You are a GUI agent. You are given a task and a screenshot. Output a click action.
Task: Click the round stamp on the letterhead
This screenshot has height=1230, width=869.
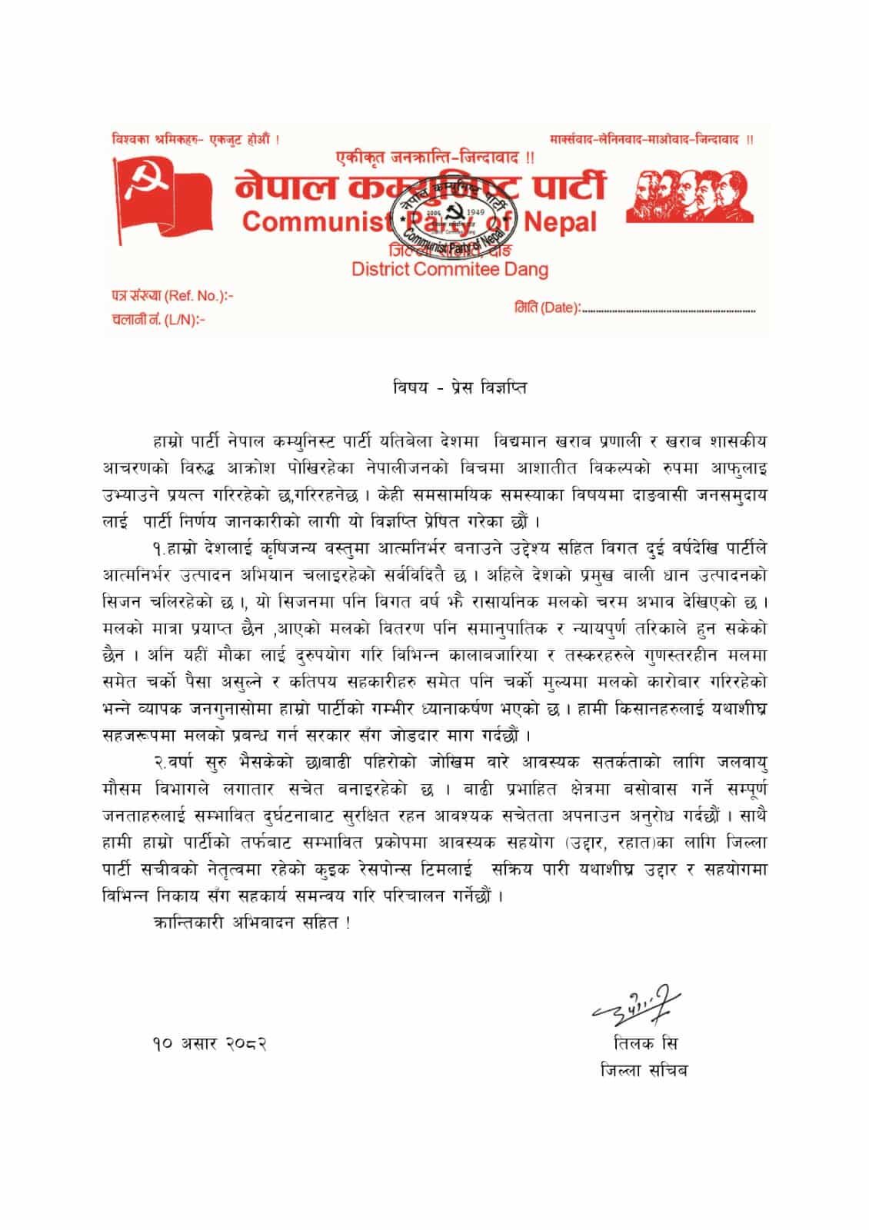click(x=451, y=213)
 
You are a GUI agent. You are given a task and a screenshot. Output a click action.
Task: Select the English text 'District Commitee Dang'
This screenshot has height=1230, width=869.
click(x=450, y=269)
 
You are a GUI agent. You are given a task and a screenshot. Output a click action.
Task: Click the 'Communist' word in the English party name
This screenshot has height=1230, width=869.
click(x=315, y=222)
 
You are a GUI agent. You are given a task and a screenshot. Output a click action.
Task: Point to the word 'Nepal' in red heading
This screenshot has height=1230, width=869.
click(x=561, y=222)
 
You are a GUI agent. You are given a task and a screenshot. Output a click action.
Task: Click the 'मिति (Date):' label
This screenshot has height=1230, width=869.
click(x=547, y=308)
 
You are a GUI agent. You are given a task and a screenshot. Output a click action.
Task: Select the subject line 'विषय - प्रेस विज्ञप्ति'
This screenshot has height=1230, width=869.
click(x=459, y=387)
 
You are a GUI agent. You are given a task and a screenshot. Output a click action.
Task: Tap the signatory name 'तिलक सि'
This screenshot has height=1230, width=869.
click(x=645, y=1044)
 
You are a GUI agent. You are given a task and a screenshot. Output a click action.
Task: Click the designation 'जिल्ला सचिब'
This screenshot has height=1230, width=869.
click(x=644, y=1070)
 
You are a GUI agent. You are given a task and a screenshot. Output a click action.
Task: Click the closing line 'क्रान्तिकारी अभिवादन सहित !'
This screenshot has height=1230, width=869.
click(x=251, y=923)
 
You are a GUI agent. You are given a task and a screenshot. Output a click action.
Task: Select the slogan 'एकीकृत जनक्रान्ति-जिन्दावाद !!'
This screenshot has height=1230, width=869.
click(x=435, y=158)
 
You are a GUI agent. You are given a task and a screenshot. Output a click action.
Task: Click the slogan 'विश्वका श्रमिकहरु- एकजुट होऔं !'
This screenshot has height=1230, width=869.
click(x=195, y=140)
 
